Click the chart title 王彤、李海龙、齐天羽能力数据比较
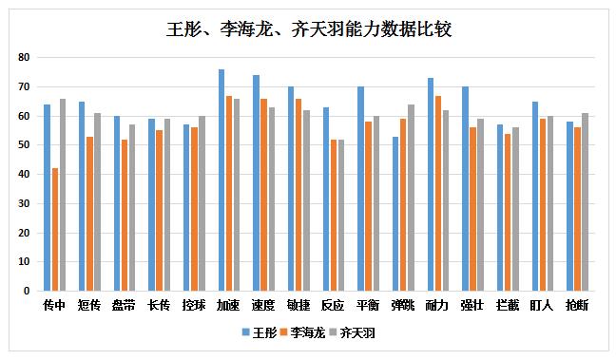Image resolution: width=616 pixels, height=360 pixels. point(308,29)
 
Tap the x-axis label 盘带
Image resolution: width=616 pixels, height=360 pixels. point(125,306)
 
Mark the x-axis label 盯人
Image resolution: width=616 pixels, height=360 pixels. point(543,306)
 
